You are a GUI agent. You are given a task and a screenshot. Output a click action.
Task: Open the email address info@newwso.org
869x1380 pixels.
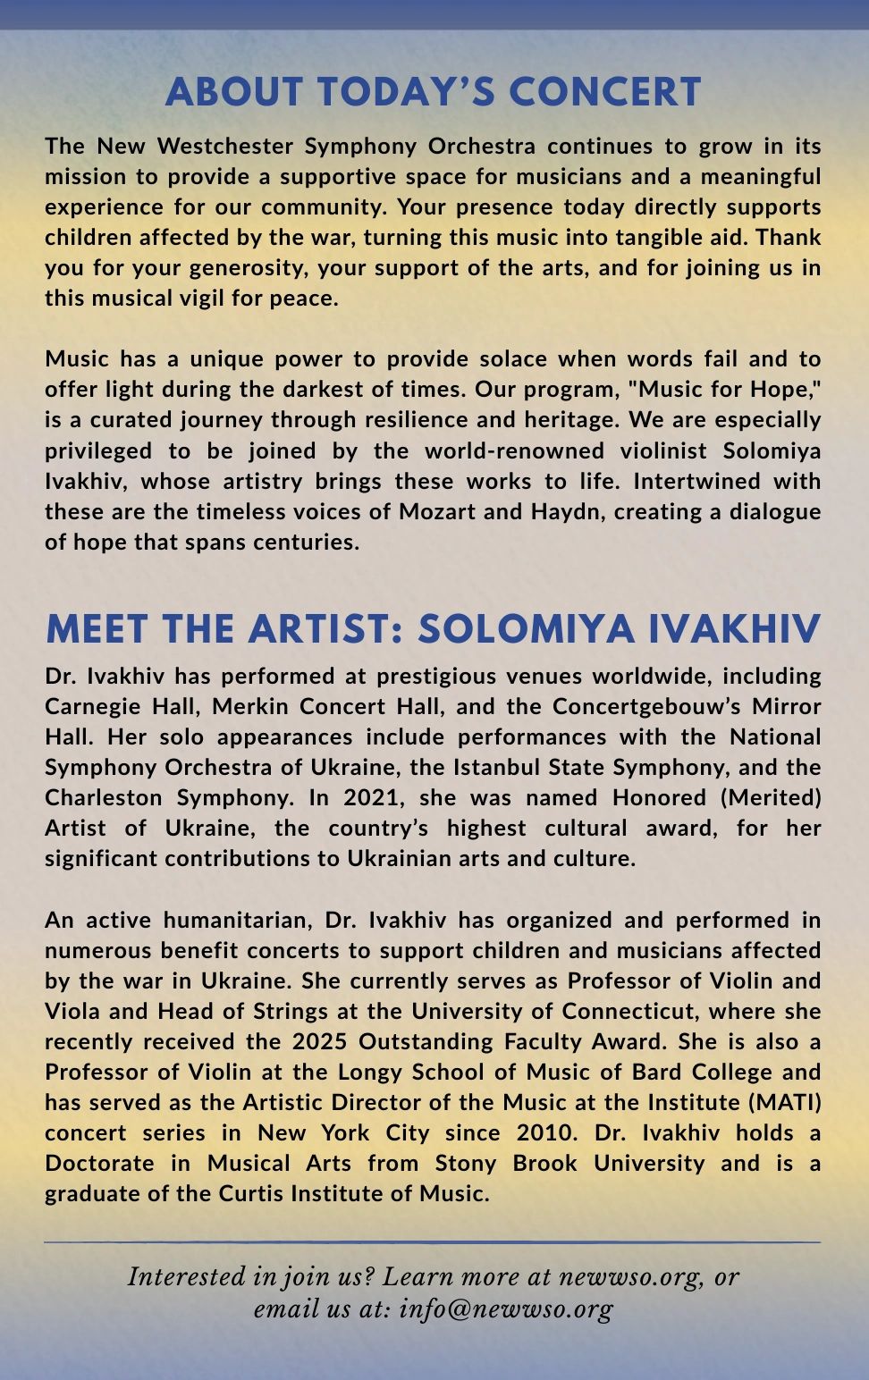tap(506, 1309)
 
